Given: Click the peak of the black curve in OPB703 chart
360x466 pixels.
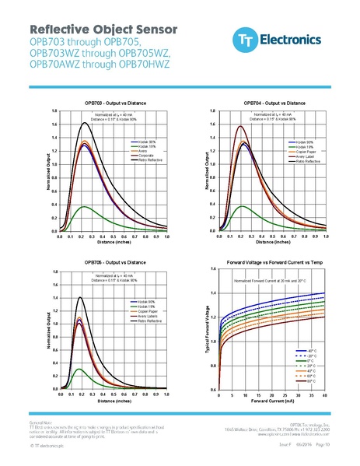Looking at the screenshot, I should coord(85,123).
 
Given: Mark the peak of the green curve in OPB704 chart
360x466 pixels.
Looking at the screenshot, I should coord(243,206).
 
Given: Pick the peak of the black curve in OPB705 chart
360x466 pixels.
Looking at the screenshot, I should coord(80,296).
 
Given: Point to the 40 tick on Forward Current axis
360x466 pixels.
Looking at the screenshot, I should coord(324,395).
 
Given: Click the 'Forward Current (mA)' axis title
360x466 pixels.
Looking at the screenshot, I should coord(272,403).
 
